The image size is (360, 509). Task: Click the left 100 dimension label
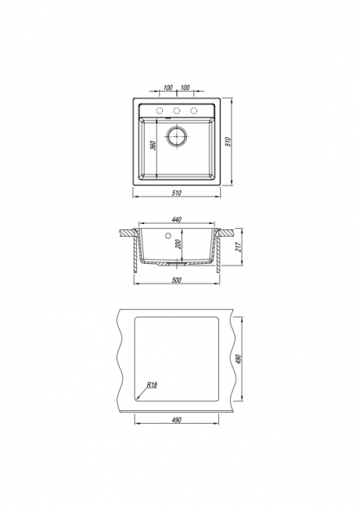(x=167, y=88)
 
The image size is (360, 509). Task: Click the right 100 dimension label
(x=185, y=88)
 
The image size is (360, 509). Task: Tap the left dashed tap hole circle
(x=159, y=110)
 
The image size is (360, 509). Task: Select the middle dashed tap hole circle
(x=177, y=110)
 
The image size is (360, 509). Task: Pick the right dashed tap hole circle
(x=194, y=110)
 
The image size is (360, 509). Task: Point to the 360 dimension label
(x=154, y=145)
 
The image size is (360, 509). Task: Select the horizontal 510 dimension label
(x=177, y=193)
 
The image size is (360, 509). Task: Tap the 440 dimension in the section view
(x=176, y=220)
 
